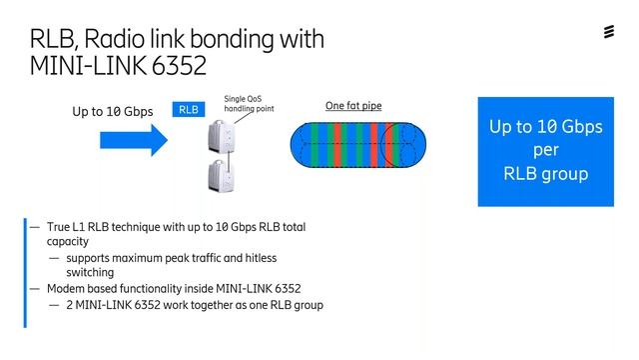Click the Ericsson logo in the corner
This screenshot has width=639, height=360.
click(610, 33)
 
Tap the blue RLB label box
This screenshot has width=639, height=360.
click(190, 111)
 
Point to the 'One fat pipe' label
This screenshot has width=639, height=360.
click(353, 106)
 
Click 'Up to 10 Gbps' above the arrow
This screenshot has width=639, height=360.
click(112, 112)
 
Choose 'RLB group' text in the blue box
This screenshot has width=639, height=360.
click(545, 173)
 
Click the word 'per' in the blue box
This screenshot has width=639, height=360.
click(545, 150)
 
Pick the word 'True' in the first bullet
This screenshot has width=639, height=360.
click(59, 228)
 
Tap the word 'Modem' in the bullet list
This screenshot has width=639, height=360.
click(67, 288)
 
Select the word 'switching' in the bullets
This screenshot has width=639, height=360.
click(90, 272)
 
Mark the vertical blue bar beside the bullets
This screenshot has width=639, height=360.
click(26, 271)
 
